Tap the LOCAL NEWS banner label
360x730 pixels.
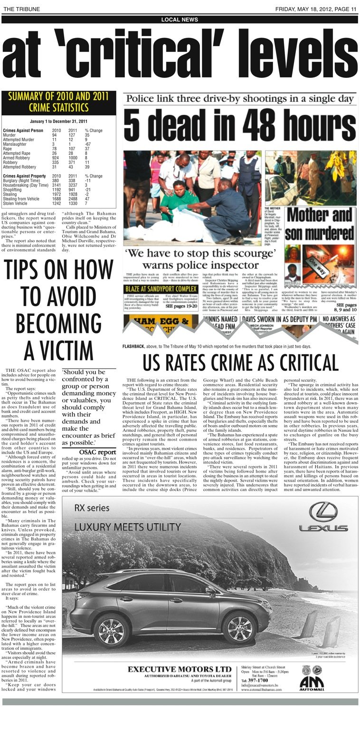(x=180, y=19)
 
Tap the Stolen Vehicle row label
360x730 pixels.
(x=16, y=203)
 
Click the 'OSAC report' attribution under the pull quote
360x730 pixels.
(x=97, y=452)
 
